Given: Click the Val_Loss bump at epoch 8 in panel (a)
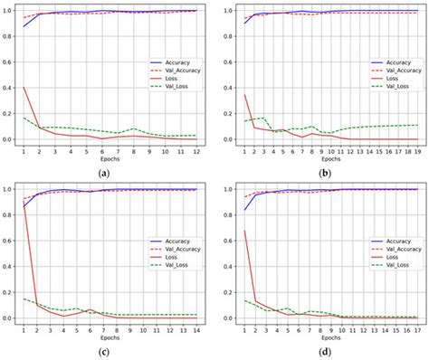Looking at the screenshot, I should [133, 128].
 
